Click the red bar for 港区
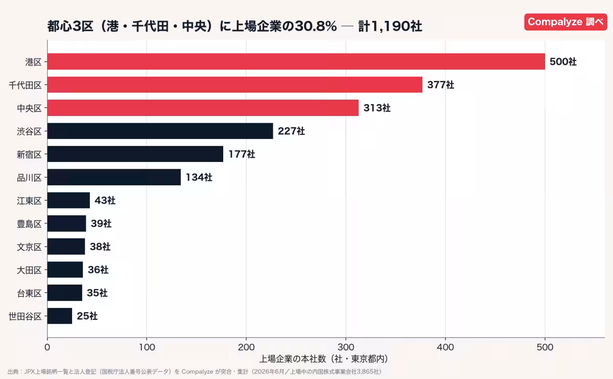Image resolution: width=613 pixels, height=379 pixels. coord(296,62)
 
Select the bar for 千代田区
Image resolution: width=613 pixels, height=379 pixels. coord(235,85)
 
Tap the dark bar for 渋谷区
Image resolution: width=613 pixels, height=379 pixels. coord(160,131)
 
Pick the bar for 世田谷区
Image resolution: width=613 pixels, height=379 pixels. coord(60,316)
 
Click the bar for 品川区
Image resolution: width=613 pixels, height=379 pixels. coord(114,177)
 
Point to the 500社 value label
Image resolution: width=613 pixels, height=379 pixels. coord(563,62)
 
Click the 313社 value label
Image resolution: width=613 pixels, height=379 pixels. coord(377,108)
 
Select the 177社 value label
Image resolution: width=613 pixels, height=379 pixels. coord(242,154)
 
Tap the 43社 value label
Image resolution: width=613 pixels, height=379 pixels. coord(105,201)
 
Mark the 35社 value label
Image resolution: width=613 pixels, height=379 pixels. coord(97,293)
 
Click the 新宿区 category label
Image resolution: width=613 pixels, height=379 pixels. coord(29,155)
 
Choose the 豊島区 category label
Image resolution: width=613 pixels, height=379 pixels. coord(29,224)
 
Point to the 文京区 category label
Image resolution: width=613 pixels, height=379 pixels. coord(29,247)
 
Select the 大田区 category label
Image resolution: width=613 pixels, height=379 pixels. coord(29,270)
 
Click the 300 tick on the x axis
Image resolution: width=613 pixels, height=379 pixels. coord(346,347)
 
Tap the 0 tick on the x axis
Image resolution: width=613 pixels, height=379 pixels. coord(48,347)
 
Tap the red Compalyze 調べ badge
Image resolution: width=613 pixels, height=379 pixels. coord(565,22)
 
